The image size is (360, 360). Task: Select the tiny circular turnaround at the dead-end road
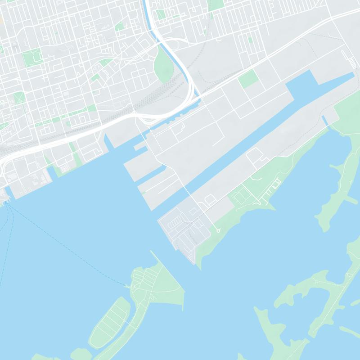(218, 230)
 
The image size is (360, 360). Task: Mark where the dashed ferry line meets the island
(129, 285)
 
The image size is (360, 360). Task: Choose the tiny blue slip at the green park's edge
(325, 121)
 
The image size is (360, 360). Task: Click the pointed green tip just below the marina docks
(270, 207)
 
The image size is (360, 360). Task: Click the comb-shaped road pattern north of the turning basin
(346, 57)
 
